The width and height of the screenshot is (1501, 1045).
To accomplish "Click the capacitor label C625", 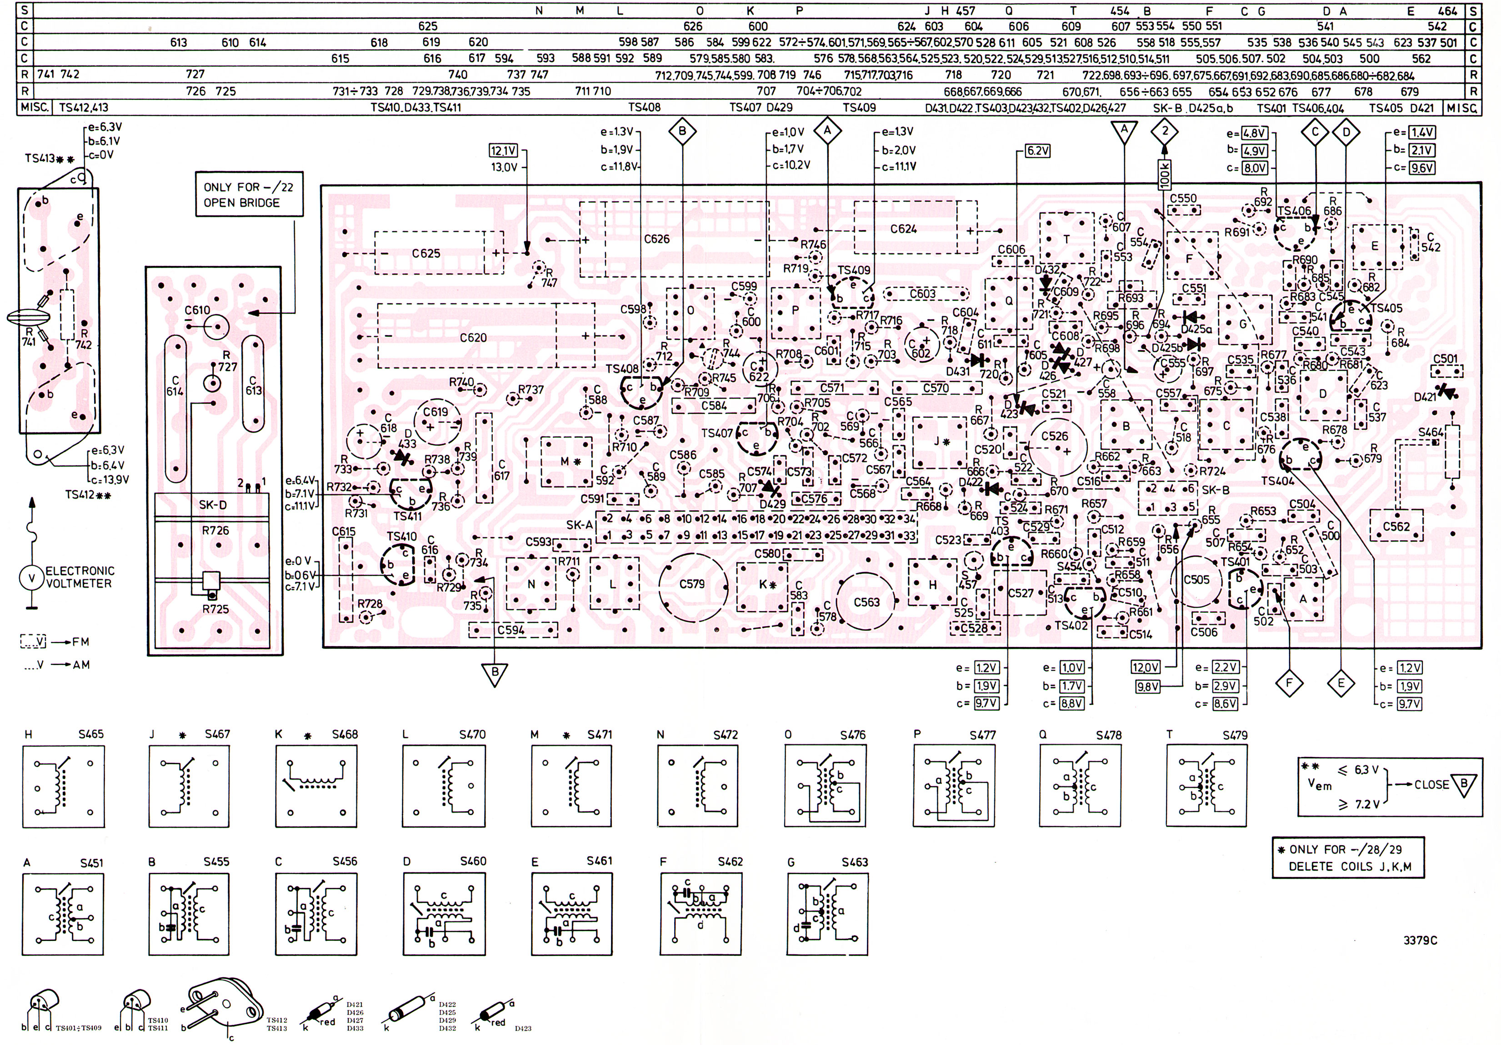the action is (x=425, y=254).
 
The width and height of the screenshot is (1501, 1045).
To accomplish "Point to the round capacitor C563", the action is (x=866, y=602).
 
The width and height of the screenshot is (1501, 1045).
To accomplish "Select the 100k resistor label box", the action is (x=1165, y=174).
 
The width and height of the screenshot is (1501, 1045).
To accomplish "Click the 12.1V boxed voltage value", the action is (x=503, y=151).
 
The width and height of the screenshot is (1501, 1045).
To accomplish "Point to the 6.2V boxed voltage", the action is (x=1037, y=151).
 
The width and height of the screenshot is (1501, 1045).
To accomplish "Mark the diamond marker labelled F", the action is (x=1289, y=684).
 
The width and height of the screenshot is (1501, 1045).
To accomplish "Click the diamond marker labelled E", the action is (x=1341, y=684).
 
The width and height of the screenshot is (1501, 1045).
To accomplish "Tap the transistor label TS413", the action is (x=40, y=159).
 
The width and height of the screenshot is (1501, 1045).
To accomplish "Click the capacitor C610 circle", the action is (x=216, y=325).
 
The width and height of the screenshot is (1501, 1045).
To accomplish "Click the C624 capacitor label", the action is (x=904, y=229).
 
